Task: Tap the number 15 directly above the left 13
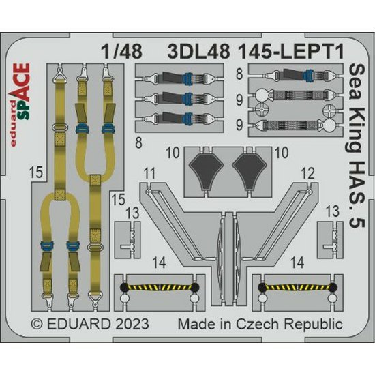tap(119, 200)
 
